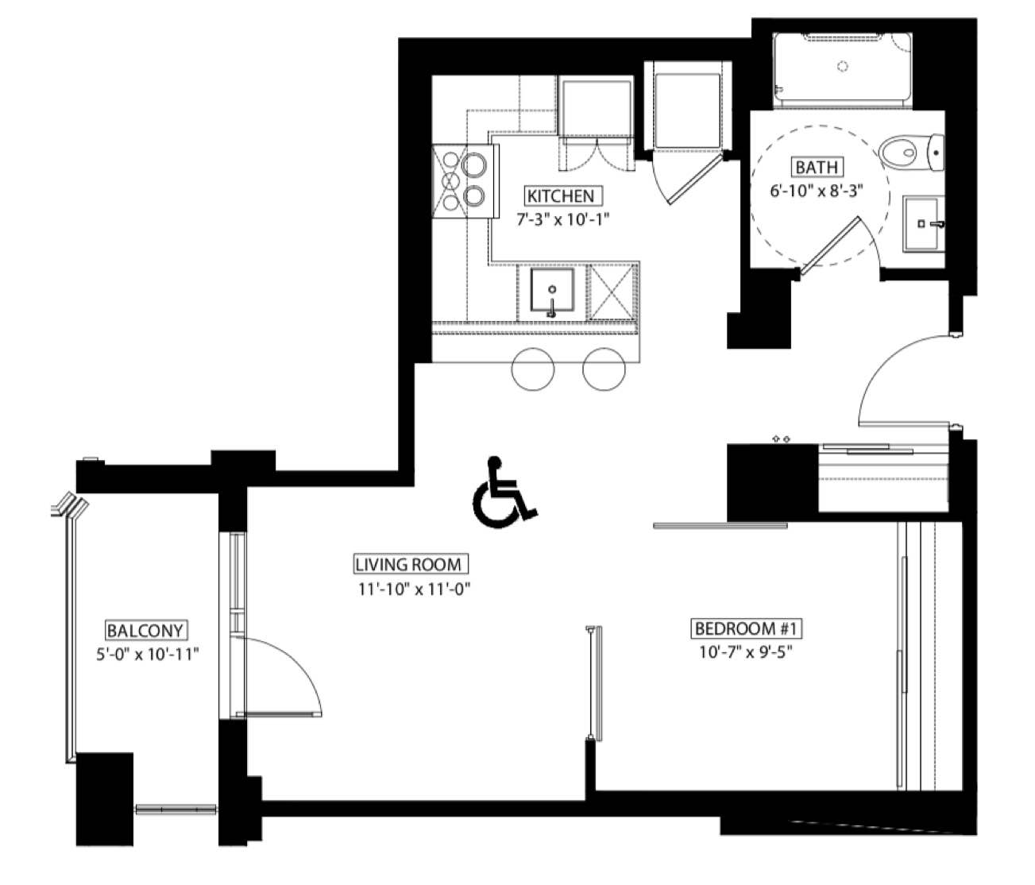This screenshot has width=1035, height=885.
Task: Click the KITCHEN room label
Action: click(x=560, y=196)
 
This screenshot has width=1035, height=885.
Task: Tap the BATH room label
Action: click(x=817, y=167)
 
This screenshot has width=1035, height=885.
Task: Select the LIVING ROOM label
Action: click(x=408, y=565)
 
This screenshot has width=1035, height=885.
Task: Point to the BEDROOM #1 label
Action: click(x=748, y=628)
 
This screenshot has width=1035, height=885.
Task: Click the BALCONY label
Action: click(x=145, y=630)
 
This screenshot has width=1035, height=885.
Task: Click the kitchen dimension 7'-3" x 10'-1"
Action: click(x=563, y=219)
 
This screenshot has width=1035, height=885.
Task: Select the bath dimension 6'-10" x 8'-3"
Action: click(x=817, y=191)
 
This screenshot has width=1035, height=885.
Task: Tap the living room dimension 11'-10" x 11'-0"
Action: click(x=415, y=589)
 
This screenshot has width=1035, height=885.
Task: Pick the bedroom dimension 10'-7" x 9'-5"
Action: click(x=746, y=652)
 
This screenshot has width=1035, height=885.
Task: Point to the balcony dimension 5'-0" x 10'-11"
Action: click(x=148, y=654)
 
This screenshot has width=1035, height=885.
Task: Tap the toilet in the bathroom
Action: click(x=911, y=152)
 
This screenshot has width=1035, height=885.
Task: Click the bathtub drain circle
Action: click(x=844, y=66)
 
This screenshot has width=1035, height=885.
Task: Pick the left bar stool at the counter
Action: click(x=533, y=369)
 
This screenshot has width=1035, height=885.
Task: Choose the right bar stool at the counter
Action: click(x=604, y=369)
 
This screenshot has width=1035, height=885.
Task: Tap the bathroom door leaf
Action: click(x=830, y=245)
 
